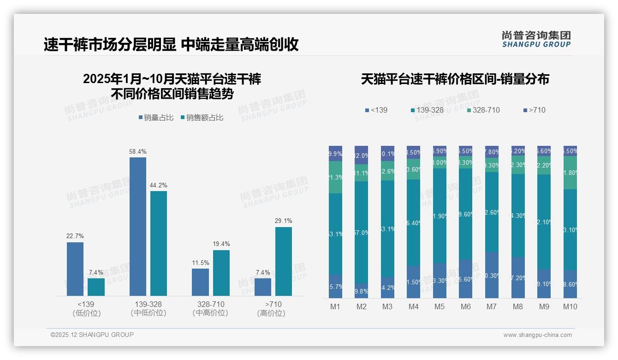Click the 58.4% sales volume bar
point(137,226)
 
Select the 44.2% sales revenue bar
point(159,243)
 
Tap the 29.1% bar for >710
point(283,261)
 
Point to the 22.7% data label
point(75,236)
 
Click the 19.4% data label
point(221,244)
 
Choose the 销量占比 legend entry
point(156,118)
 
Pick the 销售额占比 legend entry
point(202,118)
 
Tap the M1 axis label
point(335,306)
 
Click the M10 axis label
point(570,306)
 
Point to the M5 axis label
point(440,306)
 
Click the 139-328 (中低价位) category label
point(148,308)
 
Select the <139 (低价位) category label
point(86,308)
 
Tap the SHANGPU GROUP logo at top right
point(536,39)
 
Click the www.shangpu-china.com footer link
point(537,335)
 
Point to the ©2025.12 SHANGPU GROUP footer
point(92,335)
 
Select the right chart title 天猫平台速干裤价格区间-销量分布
point(455,79)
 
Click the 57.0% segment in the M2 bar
point(361,232)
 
